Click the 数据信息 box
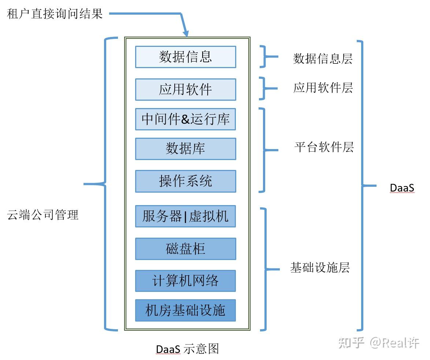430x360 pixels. pos(185,57)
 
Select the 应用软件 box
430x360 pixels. pos(185,89)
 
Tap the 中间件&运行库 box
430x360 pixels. pos(185,119)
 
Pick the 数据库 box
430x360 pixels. pos(185,149)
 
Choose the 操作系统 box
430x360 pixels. pos(185,181)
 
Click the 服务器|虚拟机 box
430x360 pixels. pos(185,216)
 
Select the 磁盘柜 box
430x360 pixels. pos(185,249)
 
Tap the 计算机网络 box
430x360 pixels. pos(185,281)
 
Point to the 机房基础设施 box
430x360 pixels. pos(185,311)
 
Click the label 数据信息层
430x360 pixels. pos(323,59)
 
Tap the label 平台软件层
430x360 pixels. pos(324,147)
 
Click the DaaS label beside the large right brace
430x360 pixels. pos(402,188)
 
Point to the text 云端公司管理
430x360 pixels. pos(43,215)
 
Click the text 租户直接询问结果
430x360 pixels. pos(55,14)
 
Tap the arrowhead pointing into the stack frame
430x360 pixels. pos(186,34)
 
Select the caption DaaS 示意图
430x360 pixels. pos(187,349)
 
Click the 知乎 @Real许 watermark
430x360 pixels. pos(379,343)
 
